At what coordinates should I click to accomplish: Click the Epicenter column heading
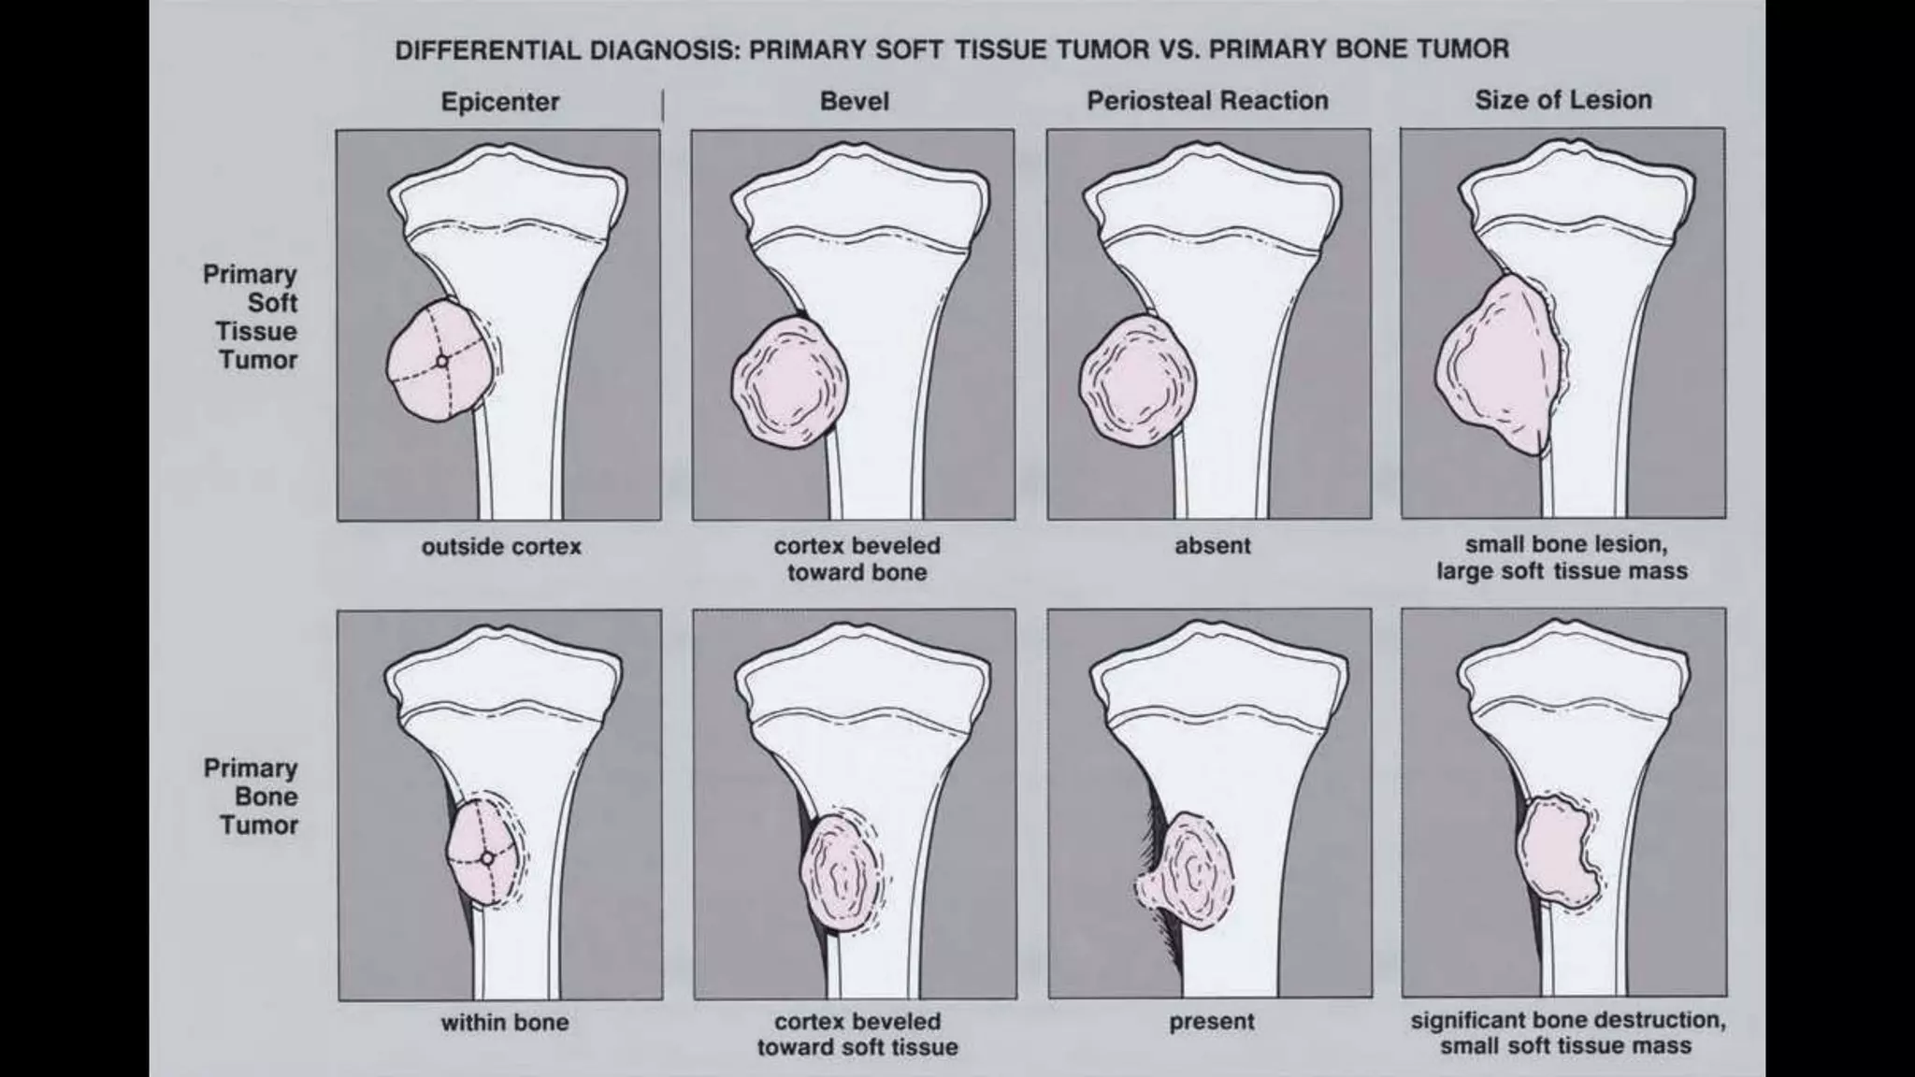point(499,102)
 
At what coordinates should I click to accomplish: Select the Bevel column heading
point(854,101)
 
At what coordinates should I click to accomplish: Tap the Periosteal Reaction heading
point(1206,101)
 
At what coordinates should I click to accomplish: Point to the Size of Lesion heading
point(1562,100)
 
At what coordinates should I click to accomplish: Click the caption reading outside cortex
point(501,547)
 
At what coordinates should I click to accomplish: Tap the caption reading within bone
point(504,1023)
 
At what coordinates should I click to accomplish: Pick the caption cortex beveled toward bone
point(857,559)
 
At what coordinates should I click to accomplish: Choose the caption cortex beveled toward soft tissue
point(857,1034)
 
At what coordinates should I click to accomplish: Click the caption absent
point(1212,546)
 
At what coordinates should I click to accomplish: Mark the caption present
point(1211,1022)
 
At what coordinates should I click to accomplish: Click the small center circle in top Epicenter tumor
point(443,361)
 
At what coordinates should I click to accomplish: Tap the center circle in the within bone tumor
point(487,857)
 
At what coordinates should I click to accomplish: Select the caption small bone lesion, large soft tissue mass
point(1562,558)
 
